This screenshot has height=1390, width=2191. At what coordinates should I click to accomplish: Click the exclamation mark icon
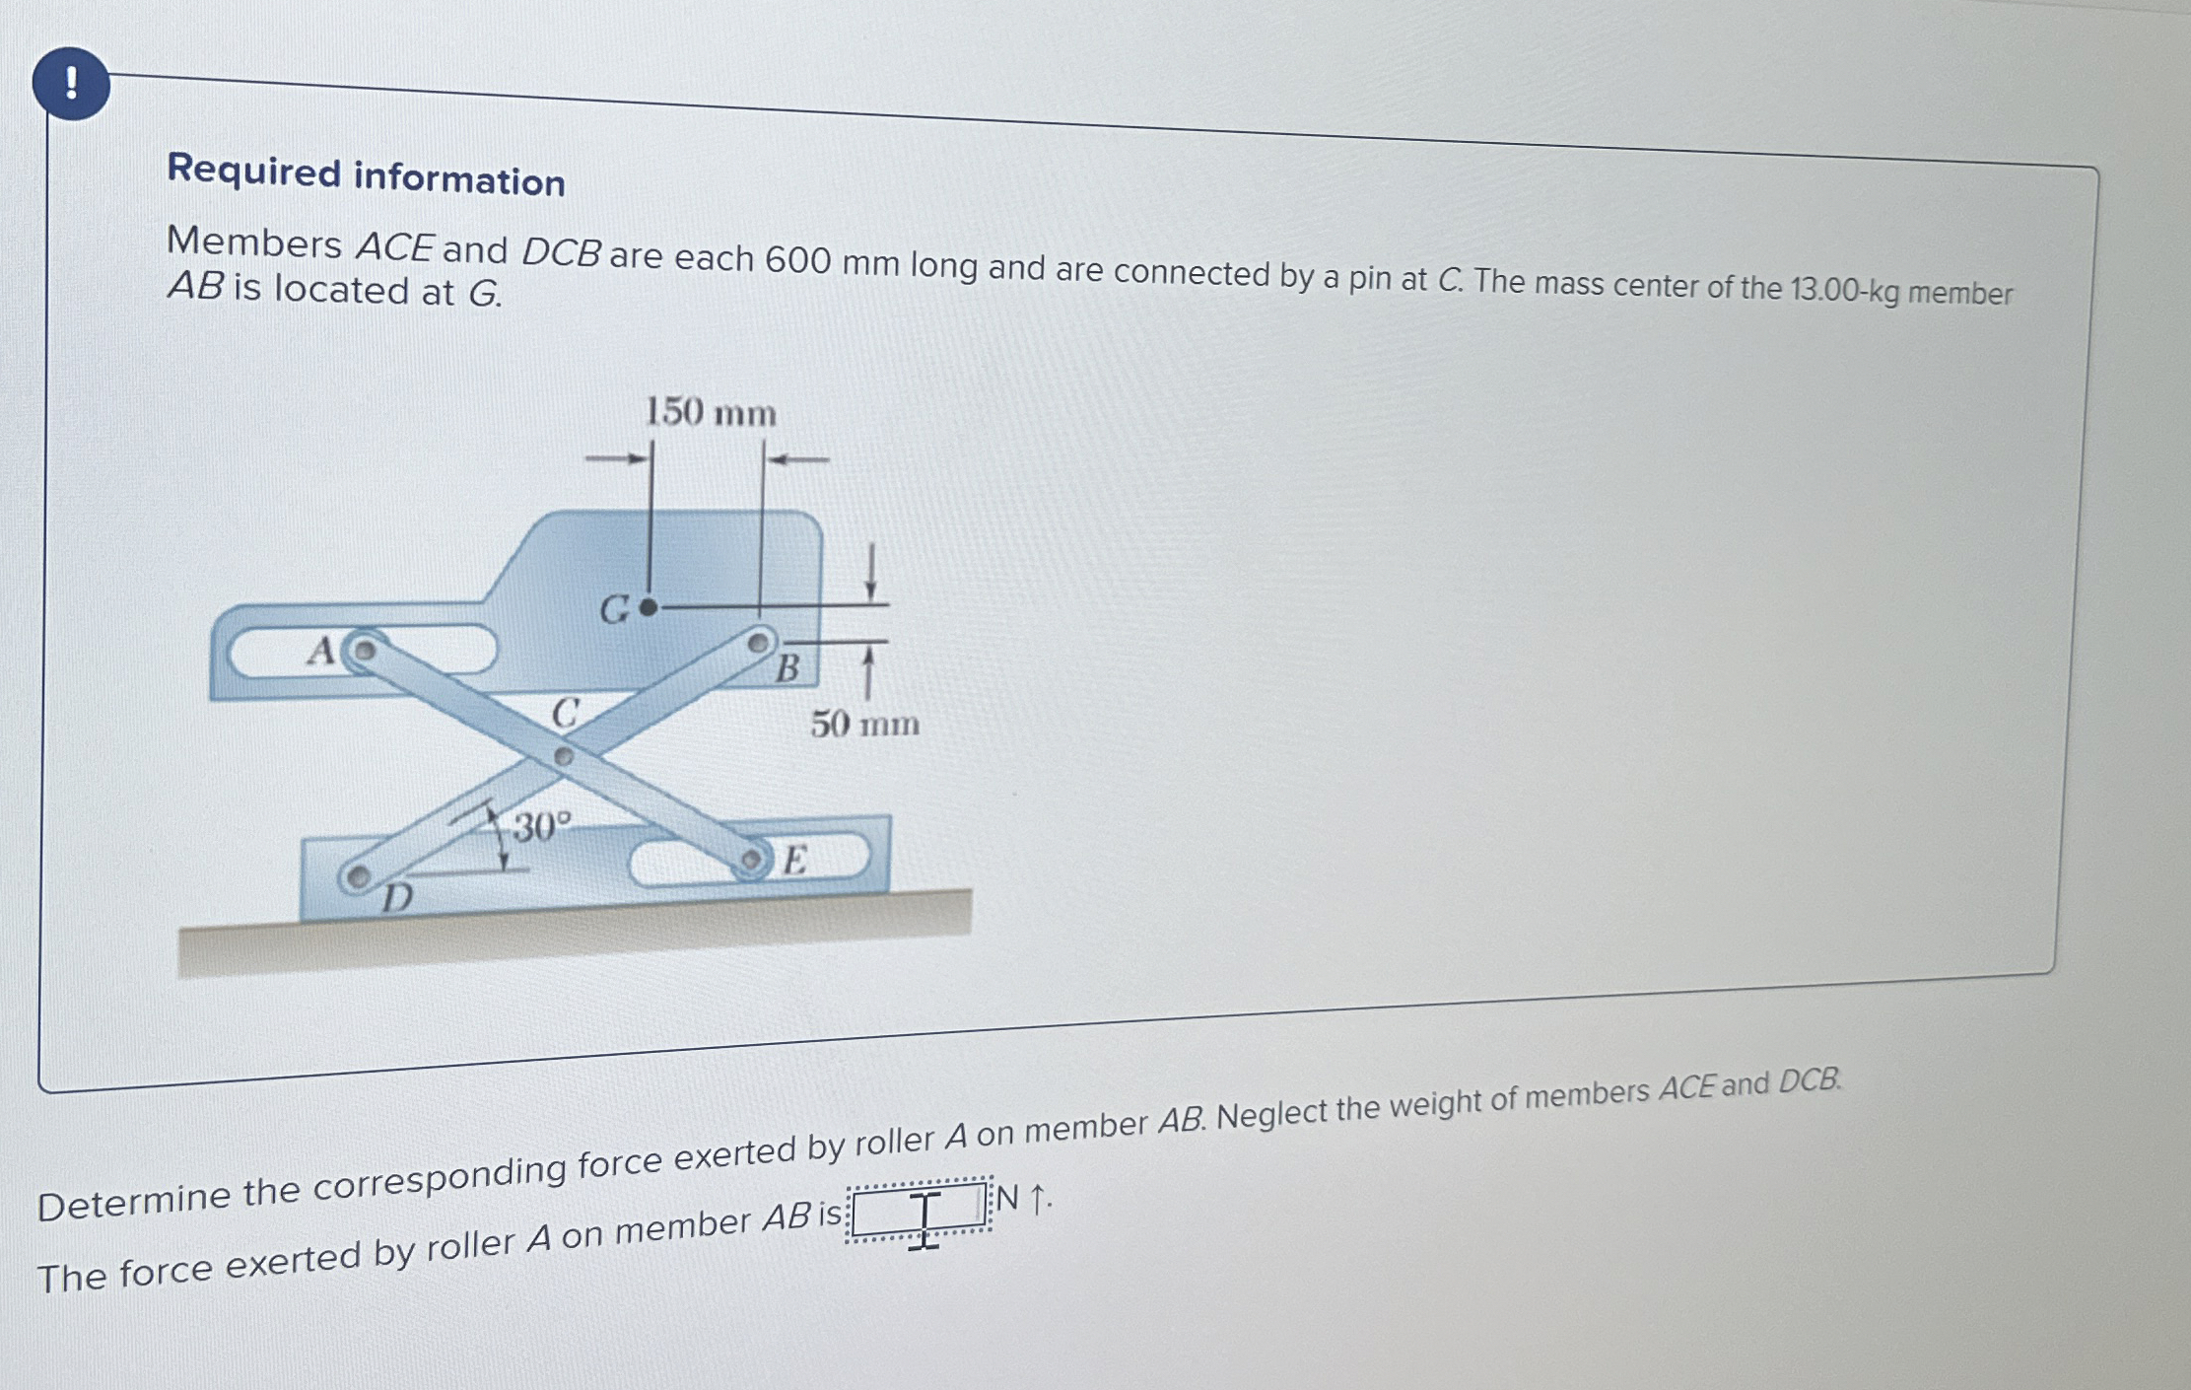click(71, 84)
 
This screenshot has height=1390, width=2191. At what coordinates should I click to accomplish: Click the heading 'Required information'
click(366, 176)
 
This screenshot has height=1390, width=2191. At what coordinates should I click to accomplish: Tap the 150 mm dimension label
click(710, 412)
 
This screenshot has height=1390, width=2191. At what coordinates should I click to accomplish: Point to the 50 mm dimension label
click(864, 724)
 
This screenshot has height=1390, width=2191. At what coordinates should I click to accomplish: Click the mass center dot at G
click(648, 608)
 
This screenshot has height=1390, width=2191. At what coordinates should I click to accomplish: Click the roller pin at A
click(364, 651)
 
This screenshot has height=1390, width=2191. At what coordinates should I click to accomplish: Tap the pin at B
click(757, 644)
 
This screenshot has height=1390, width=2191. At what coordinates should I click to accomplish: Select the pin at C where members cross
click(563, 757)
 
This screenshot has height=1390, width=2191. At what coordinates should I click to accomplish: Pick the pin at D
click(358, 875)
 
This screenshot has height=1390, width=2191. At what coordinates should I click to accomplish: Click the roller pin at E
click(751, 861)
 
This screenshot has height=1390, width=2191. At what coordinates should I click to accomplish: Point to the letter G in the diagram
click(615, 610)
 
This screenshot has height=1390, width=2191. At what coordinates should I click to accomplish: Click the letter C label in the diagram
click(565, 712)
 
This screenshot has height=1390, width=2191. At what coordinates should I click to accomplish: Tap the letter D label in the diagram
click(397, 898)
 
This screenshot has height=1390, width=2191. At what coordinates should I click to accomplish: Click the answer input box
click(919, 1209)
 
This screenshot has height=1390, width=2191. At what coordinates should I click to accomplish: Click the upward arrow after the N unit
click(1036, 1200)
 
